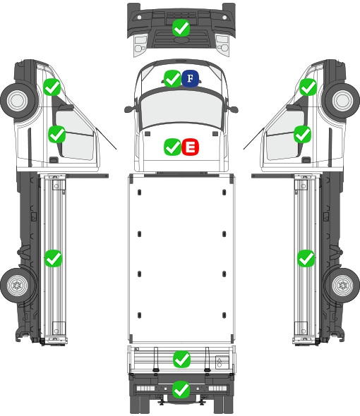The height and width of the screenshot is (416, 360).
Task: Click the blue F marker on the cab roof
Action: tap(190, 78)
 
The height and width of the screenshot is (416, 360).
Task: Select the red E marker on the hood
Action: tap(190, 147)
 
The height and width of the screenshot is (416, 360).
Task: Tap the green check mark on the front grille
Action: tap(181, 27)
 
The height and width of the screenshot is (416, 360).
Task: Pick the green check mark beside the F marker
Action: tap(172, 78)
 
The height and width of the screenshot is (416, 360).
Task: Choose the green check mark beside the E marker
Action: tap(173, 147)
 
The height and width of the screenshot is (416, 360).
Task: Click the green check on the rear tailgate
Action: tap(181, 359)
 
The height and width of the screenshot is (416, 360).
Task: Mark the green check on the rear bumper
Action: tap(181, 389)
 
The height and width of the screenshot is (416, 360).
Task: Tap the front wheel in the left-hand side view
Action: tap(18, 101)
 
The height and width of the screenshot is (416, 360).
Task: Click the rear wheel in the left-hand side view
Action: tap(17, 285)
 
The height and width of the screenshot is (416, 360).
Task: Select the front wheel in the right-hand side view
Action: tap(342, 101)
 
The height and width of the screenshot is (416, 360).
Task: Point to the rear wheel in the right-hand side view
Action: tap(342, 285)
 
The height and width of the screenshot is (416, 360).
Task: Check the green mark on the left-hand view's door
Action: tap(56, 134)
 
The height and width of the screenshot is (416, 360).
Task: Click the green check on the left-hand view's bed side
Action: tap(53, 258)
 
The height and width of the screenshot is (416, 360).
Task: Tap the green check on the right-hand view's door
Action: tap(302, 134)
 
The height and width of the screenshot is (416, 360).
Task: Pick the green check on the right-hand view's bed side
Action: tap(306, 258)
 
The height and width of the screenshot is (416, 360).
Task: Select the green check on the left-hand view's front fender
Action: tap(52, 87)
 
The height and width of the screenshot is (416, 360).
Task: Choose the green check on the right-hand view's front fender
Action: tap(308, 87)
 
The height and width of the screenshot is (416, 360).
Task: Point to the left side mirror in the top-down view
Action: tap(129, 109)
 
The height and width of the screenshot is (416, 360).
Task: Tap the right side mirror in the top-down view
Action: tap(232, 109)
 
